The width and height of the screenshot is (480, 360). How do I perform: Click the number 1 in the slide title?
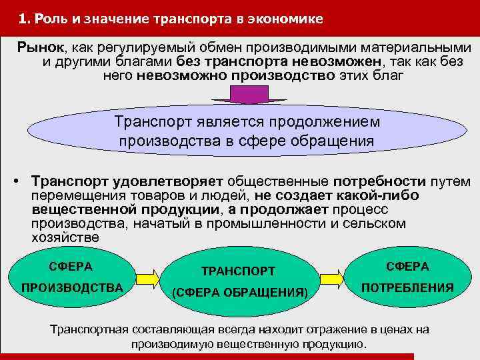tap(23, 19)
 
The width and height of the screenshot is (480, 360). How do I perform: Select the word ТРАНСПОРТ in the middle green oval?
tap(238, 271)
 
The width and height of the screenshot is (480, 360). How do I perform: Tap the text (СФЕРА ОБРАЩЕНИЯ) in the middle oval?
tap(239, 293)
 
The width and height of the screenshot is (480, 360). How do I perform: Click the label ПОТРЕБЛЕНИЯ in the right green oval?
tap(407, 288)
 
